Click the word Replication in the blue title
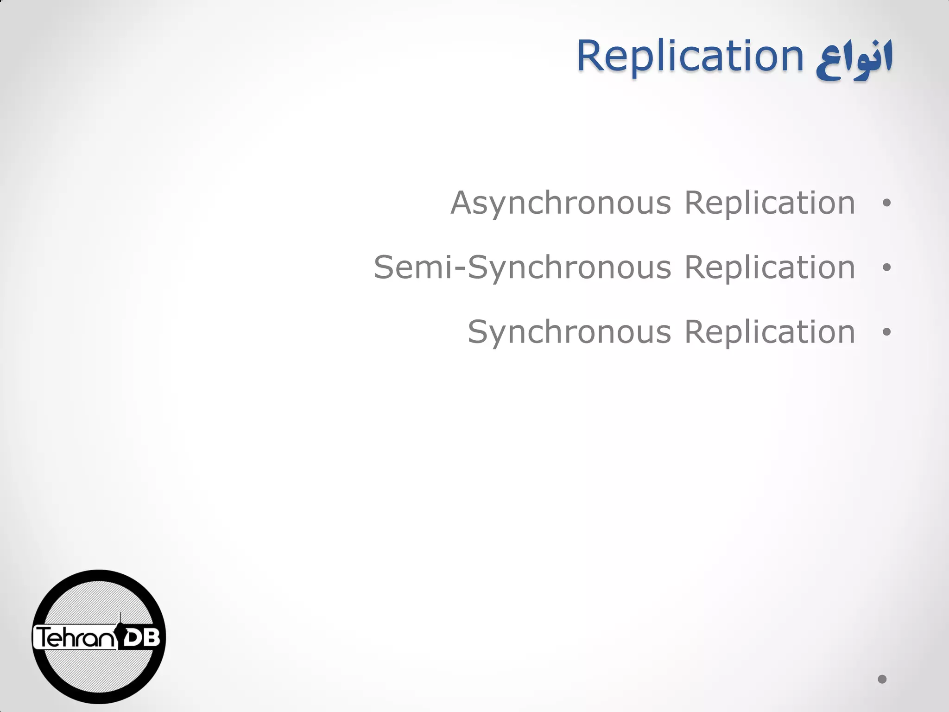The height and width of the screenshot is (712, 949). (690, 56)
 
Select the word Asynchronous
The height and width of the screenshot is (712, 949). (561, 204)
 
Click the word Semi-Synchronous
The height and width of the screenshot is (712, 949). (522, 268)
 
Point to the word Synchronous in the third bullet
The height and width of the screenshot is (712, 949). (569, 333)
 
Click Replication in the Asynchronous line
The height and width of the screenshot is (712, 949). (770, 204)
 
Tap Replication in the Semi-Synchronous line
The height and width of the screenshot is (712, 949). (770, 268)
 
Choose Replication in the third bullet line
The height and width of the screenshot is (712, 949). (770, 333)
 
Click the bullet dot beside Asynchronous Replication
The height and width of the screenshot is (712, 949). (886, 203)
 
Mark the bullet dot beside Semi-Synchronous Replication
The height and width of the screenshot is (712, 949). (886, 267)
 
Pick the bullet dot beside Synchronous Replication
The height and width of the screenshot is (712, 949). (886, 332)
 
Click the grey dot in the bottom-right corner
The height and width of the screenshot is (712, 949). (882, 679)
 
